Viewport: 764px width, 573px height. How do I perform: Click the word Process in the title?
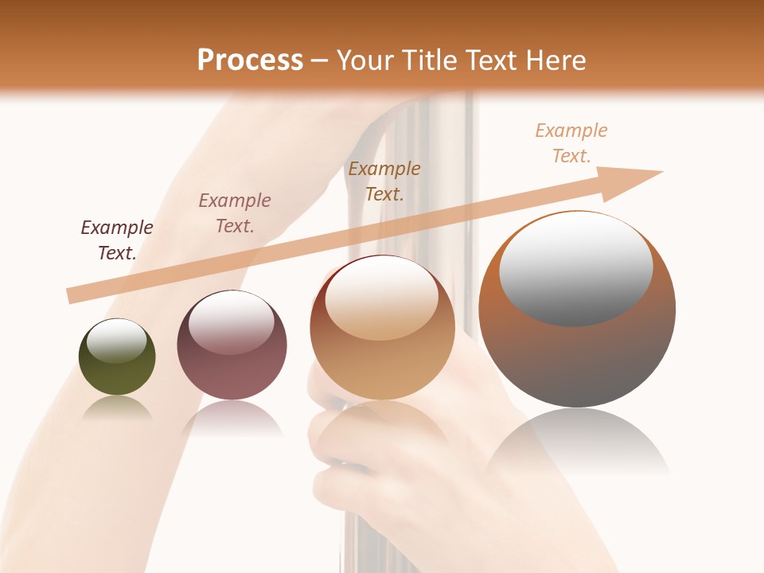coord(250,60)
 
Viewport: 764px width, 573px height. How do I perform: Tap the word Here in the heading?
coord(555,60)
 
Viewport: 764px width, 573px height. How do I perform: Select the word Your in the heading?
coord(365,60)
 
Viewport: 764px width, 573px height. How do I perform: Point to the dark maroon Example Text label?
coord(116,240)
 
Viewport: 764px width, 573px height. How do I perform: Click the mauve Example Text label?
coord(235,213)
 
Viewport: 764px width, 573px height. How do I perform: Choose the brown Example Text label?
coord(384,181)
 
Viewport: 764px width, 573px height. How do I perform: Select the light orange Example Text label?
coord(571,143)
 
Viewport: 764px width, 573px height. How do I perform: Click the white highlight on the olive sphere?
coord(116,341)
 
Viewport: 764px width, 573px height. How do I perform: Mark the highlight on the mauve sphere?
coord(232,322)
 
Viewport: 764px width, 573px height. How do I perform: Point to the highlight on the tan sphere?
coord(382,298)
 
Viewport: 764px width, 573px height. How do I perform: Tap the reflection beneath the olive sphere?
coord(117,408)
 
